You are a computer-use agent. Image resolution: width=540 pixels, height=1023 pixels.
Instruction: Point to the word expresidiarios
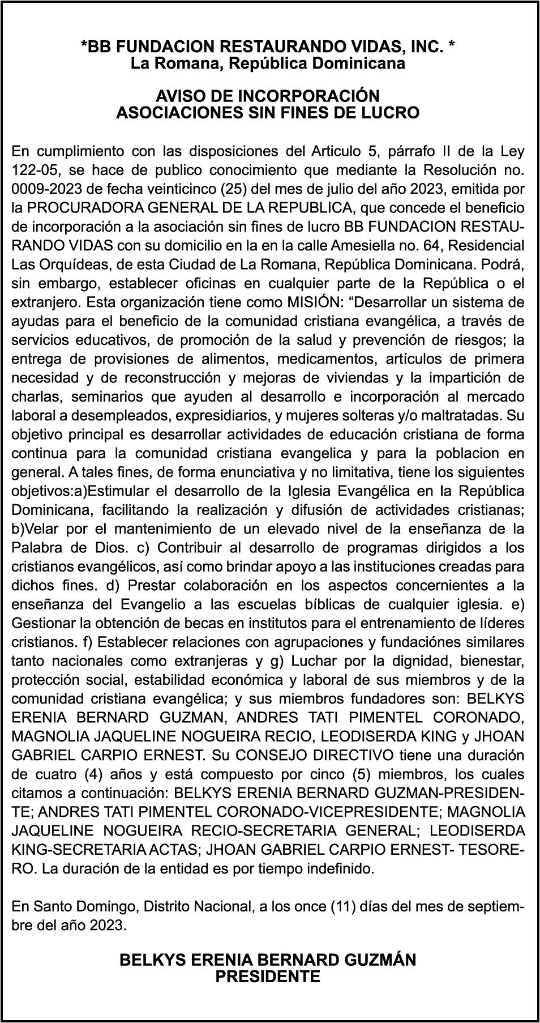coord(223,415)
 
